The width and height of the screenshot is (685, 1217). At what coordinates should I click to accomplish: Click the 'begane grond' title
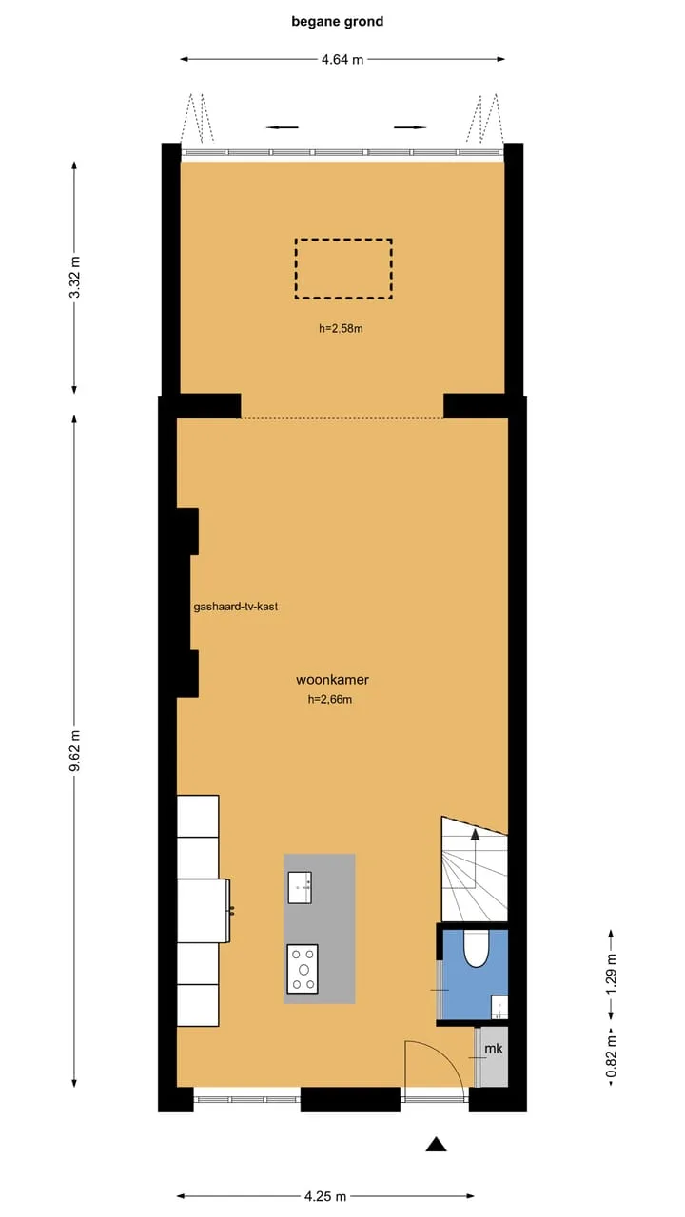pos(337,21)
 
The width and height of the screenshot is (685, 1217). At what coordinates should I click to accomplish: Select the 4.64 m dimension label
pos(342,60)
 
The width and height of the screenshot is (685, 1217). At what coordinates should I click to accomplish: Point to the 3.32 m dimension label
pos(75,277)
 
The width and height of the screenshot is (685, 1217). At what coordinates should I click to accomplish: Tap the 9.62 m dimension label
pos(75,751)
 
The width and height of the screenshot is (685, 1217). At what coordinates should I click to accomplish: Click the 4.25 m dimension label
pos(325,1196)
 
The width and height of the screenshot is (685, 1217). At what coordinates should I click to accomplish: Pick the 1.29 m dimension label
pos(612,974)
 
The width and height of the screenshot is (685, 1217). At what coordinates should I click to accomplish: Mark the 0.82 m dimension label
pos(612,1056)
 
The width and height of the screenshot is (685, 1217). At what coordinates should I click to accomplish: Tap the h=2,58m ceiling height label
pos(341,328)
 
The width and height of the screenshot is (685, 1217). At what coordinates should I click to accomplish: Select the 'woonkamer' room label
pos(332,679)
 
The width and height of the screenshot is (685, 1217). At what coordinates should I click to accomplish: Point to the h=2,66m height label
pos(330,699)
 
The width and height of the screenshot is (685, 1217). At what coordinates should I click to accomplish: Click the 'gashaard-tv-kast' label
pos(235,607)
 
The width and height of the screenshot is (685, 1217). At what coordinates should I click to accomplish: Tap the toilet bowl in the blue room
pos(477,948)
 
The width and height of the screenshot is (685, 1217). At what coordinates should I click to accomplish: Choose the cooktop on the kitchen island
pos(303,969)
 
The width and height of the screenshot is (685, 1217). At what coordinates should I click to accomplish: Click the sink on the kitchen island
pos(300,888)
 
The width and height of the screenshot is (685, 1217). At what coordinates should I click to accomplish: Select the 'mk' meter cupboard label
pos(493,1049)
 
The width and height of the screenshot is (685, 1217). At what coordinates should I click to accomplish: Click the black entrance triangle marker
pos(436,1144)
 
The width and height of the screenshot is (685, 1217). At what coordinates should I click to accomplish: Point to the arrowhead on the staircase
pos(475,834)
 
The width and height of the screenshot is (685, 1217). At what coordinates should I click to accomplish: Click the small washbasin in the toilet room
pos(499,1007)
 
